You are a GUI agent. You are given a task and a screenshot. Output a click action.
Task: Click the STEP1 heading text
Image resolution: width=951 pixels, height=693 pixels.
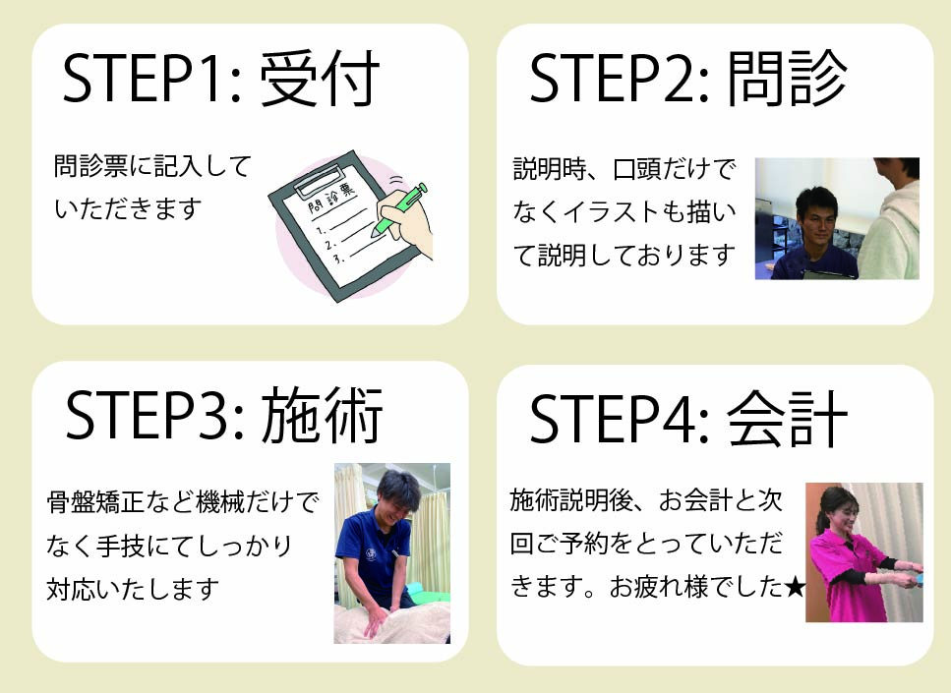pyautogui.click(x=221, y=79)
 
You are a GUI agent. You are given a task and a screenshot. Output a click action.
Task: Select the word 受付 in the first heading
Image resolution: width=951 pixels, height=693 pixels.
pyautogui.click(x=321, y=79)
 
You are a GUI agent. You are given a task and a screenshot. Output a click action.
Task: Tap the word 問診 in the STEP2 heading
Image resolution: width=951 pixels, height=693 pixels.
pyautogui.click(x=787, y=79)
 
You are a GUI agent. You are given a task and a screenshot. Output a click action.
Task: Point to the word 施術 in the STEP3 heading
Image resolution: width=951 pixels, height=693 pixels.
pyautogui.click(x=322, y=416)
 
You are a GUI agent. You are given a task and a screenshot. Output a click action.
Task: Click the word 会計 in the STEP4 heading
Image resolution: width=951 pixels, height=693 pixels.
pyautogui.click(x=787, y=419)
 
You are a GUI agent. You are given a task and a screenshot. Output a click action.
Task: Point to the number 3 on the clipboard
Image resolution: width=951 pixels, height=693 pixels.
pyautogui.click(x=338, y=260)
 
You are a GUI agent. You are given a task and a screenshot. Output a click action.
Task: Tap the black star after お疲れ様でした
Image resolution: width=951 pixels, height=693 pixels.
pyautogui.click(x=795, y=587)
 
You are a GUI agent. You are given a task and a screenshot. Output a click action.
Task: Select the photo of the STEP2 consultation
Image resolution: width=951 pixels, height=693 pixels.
pyautogui.click(x=837, y=218)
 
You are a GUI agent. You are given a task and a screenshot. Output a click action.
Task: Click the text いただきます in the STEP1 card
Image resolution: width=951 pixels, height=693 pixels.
pyautogui.click(x=128, y=209)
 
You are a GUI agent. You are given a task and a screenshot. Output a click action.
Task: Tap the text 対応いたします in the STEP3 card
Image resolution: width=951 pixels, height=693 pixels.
pyautogui.click(x=133, y=589)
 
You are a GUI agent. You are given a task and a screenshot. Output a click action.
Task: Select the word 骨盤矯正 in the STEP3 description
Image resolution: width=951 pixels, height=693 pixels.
pyautogui.click(x=95, y=502)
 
